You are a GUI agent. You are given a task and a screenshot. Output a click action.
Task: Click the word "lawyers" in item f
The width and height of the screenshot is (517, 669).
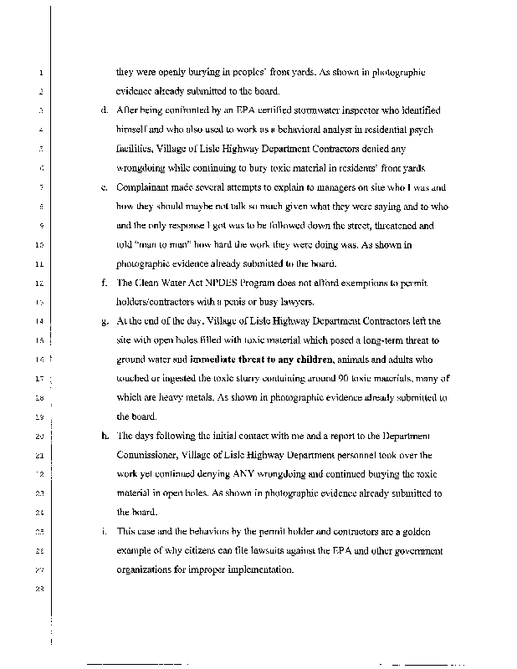279,301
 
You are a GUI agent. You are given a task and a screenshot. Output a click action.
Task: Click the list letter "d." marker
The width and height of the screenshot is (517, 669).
104,110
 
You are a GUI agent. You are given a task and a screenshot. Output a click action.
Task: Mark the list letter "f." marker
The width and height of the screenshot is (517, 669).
104,282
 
